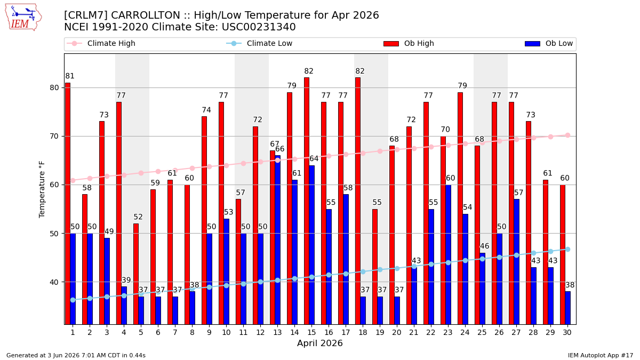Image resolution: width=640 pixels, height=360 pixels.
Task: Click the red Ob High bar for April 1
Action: pyautogui.click(x=68, y=203)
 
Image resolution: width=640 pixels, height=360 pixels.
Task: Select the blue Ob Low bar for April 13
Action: pyautogui.click(x=277, y=240)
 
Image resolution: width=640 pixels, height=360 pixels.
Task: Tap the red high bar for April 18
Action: pyautogui.click(x=358, y=201)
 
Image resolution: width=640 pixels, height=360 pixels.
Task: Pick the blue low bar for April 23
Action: pyautogui.click(x=448, y=254)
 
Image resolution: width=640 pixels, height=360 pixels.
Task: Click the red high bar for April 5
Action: pyautogui.click(x=136, y=274)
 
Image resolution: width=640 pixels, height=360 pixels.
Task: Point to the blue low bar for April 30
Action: pyautogui.click(x=567, y=308)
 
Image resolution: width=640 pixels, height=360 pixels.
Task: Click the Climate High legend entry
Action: pyautogui.click(x=101, y=43)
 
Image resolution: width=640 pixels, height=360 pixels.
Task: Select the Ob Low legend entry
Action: pyautogui.click(x=549, y=43)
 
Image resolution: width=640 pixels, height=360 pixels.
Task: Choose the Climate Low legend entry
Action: pyautogui.click(x=259, y=43)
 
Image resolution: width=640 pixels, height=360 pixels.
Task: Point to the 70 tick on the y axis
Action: pyautogui.click(x=54, y=137)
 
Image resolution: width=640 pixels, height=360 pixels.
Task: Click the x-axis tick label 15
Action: pyautogui.click(x=311, y=333)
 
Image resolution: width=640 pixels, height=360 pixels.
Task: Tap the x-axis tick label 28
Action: pyautogui.click(x=533, y=333)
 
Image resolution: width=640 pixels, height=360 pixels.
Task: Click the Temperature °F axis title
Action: pyautogui.click(x=42, y=189)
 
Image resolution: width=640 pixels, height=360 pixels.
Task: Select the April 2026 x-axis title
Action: pyautogui.click(x=319, y=343)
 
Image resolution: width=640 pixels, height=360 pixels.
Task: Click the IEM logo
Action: pyautogui.click(x=23, y=18)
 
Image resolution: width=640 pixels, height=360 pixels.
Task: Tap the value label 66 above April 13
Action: pyautogui.click(x=279, y=149)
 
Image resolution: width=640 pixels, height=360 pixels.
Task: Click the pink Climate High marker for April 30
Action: pyautogui.click(x=567, y=135)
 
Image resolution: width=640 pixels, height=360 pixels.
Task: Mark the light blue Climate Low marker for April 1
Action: pyautogui.click(x=73, y=300)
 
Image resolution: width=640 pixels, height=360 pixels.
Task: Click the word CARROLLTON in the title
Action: pyautogui.click(x=146, y=15)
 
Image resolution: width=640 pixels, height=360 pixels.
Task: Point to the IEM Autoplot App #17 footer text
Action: pyautogui.click(x=601, y=355)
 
